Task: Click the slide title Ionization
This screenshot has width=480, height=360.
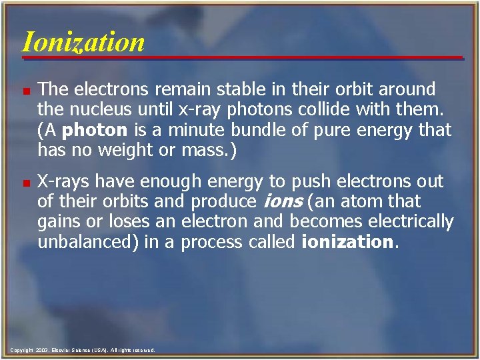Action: pyautogui.click(x=83, y=41)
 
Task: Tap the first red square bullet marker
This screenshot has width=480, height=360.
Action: pyautogui.click(x=25, y=90)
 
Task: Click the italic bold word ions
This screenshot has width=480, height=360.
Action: pyautogui.click(x=281, y=201)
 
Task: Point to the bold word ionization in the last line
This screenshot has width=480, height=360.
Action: pyautogui.click(x=347, y=241)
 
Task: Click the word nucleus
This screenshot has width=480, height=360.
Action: pyautogui.click(x=103, y=109)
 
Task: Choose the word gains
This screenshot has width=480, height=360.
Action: pyautogui.click(x=58, y=221)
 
